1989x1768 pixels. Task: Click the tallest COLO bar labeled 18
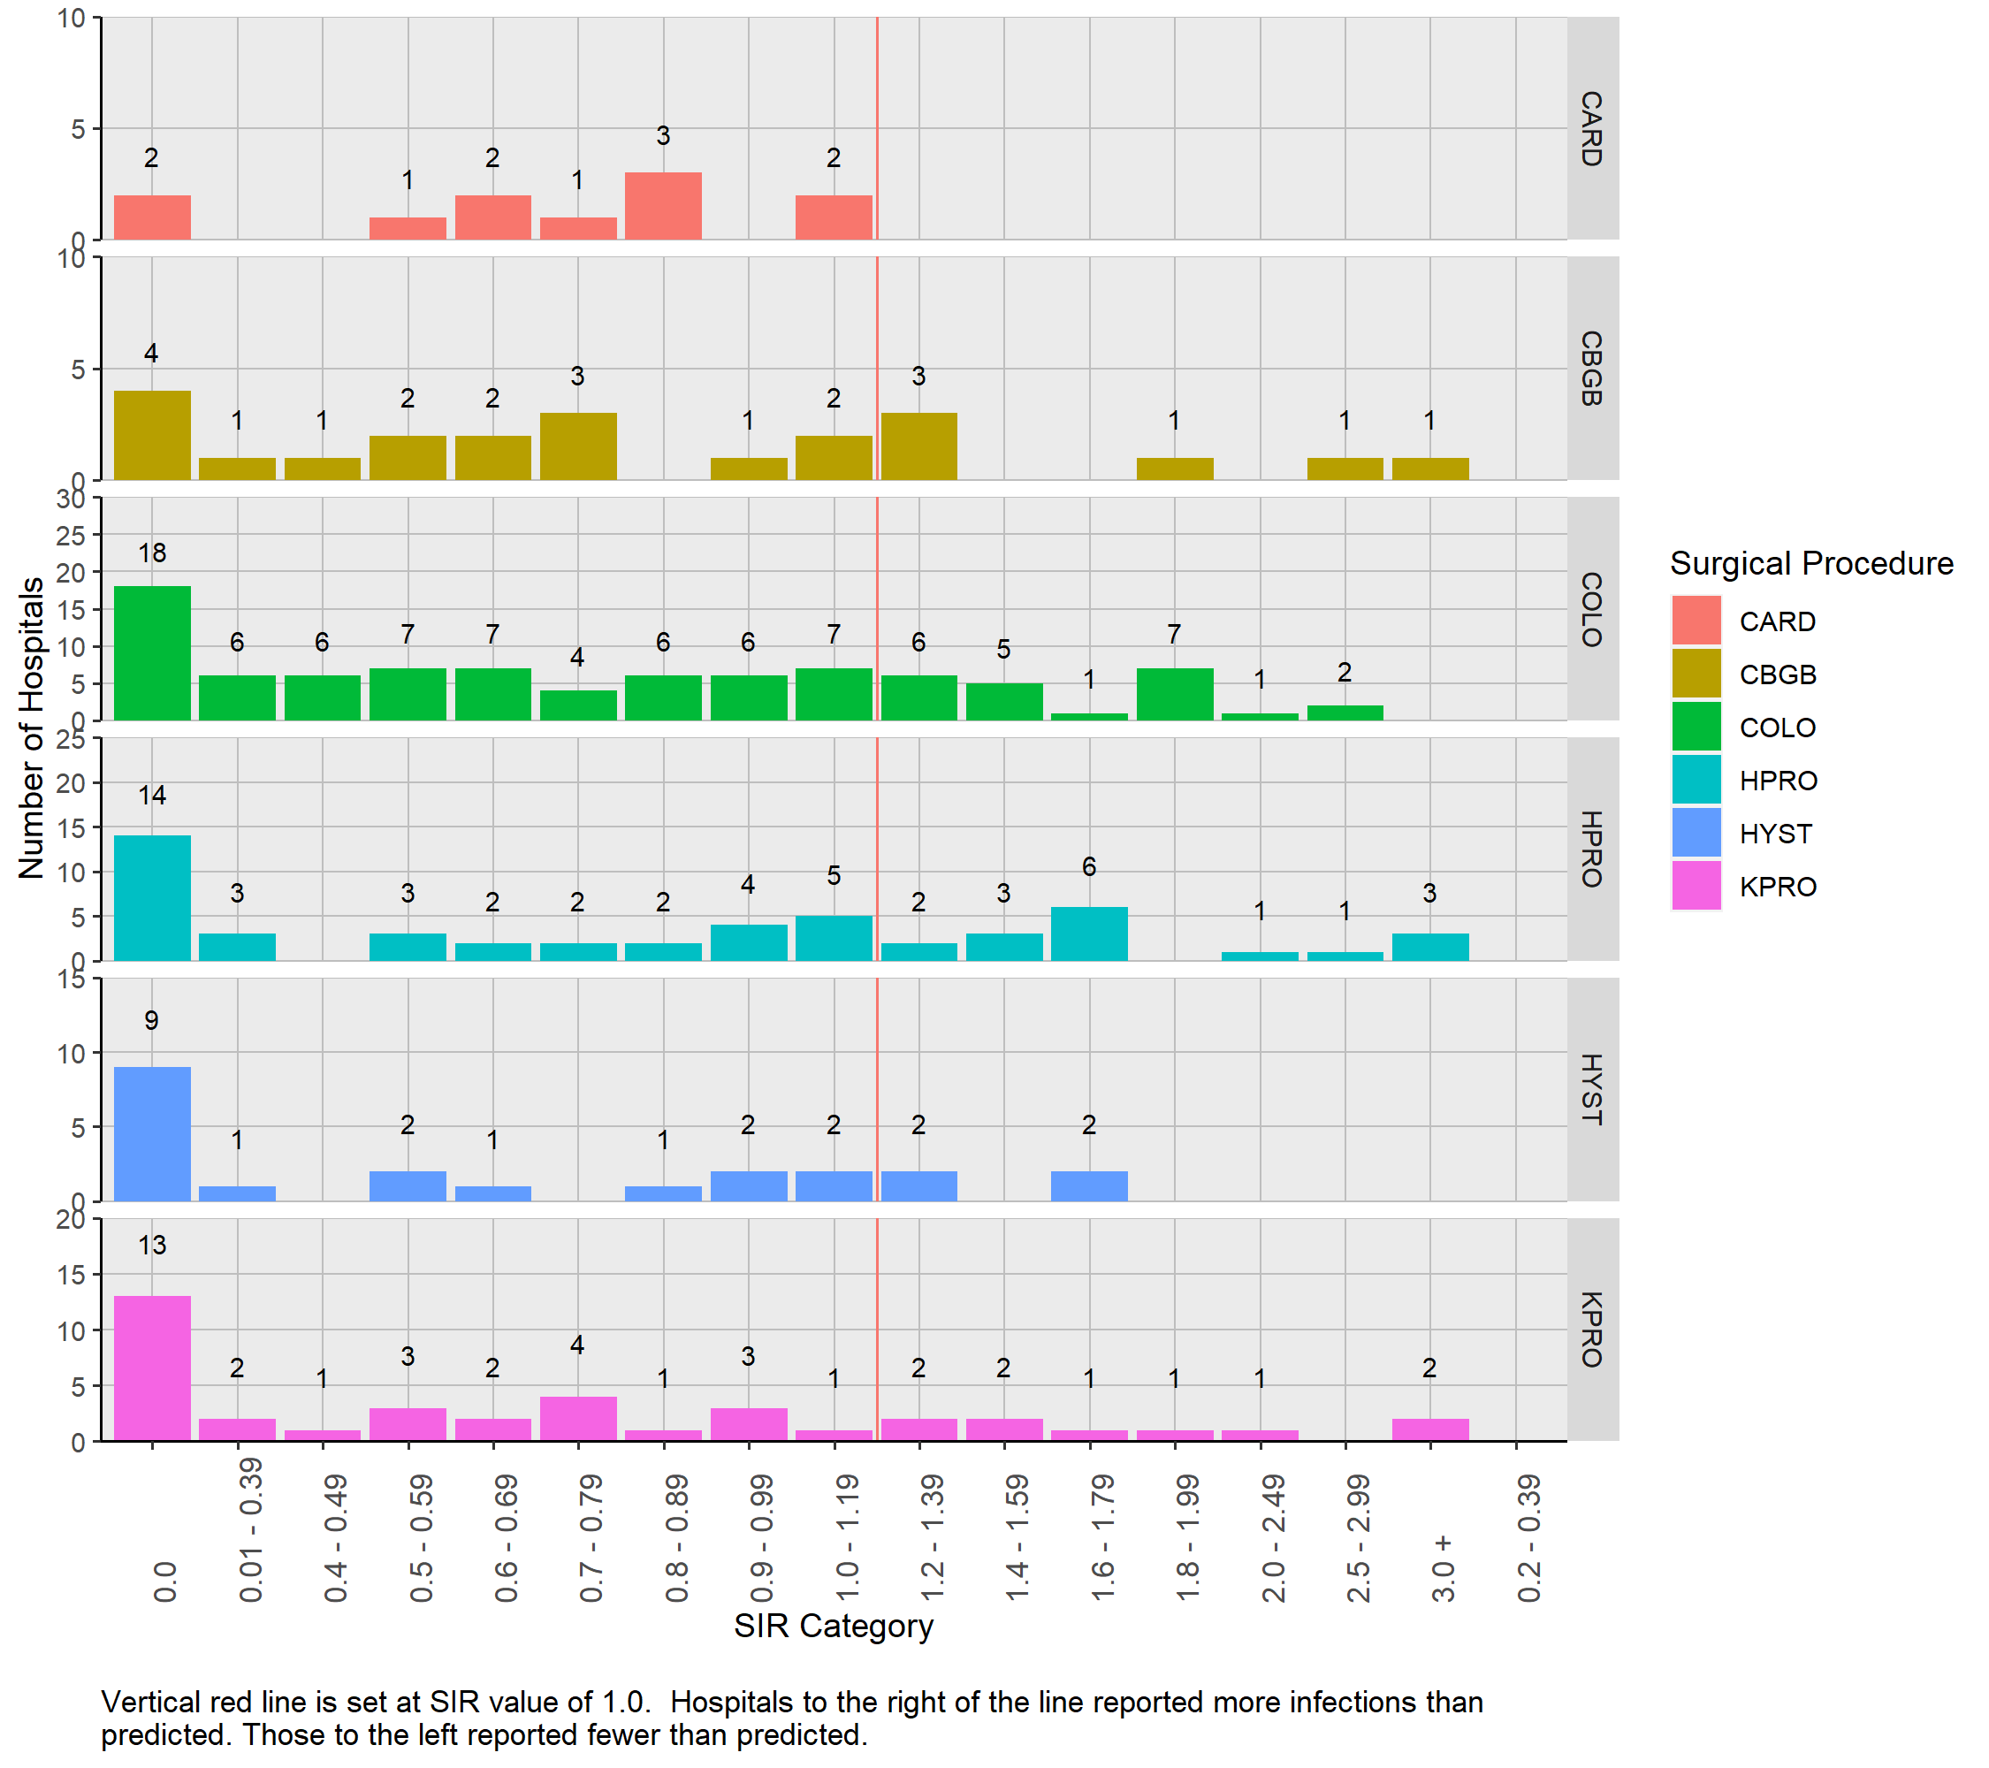click(152, 653)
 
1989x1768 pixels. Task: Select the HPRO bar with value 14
click(152, 897)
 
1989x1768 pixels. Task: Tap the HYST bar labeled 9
click(152, 1133)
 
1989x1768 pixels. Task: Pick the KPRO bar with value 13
click(152, 1368)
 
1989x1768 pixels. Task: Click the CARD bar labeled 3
click(663, 205)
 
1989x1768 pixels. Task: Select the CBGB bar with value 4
click(152, 435)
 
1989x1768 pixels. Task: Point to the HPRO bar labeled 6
click(1089, 934)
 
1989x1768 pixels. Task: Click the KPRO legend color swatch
click(1696, 886)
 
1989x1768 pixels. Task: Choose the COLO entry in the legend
click(1777, 727)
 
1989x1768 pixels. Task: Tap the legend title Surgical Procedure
click(1811, 563)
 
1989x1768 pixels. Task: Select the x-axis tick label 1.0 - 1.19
click(847, 1537)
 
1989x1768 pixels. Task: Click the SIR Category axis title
click(833, 1626)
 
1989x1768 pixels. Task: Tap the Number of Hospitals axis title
click(31, 728)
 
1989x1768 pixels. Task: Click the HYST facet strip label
click(1591, 1089)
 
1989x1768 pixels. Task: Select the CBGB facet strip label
click(1591, 368)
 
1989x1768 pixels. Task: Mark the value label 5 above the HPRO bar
click(833, 876)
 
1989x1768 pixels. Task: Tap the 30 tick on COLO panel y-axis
click(71, 499)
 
